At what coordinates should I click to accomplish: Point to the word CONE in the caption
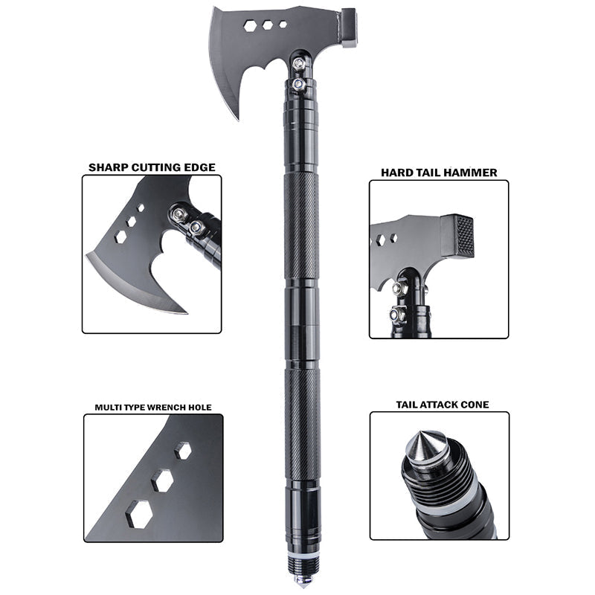click(x=474, y=405)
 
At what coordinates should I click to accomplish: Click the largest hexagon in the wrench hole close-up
click(x=139, y=512)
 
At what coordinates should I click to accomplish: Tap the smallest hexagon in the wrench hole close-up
click(x=182, y=450)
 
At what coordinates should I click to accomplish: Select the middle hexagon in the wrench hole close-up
click(x=162, y=480)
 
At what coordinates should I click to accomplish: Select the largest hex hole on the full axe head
click(x=250, y=25)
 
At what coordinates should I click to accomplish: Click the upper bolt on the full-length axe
click(x=299, y=65)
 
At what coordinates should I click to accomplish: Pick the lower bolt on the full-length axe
click(x=298, y=85)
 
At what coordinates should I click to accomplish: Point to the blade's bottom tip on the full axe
click(x=238, y=118)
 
